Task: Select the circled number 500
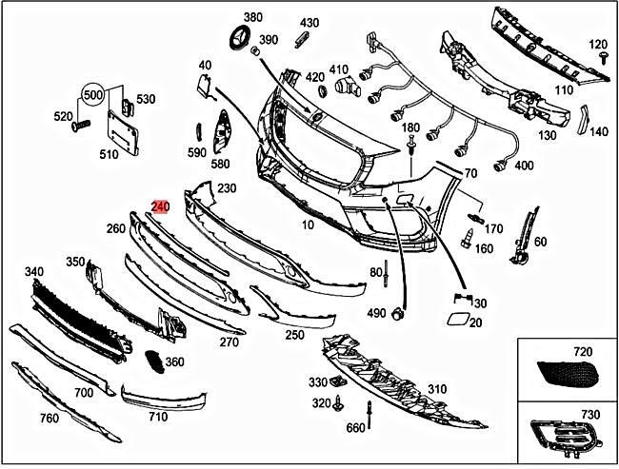[x=92, y=96]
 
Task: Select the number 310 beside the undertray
[x=436, y=389]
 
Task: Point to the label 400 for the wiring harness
[x=524, y=166]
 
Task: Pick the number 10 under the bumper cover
[x=307, y=225]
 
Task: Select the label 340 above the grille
[x=33, y=272]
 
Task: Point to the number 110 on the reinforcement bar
[x=565, y=90]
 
